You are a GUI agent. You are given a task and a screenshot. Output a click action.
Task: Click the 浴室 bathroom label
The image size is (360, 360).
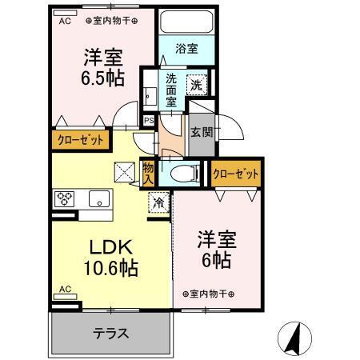point(186,49)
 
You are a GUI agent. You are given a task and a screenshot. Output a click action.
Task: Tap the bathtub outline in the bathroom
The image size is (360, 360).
point(187,22)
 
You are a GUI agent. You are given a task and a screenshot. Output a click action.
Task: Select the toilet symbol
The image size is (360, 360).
point(185,174)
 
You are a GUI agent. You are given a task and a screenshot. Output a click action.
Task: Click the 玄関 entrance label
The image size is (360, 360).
point(202,132)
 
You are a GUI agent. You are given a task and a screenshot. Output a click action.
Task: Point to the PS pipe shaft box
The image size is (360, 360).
point(149,121)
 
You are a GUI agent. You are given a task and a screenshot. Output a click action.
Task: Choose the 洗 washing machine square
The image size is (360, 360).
point(197,85)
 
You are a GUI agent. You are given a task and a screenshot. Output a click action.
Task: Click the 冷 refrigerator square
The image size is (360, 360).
point(159,202)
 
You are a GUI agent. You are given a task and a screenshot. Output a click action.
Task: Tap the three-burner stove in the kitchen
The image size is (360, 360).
point(64,199)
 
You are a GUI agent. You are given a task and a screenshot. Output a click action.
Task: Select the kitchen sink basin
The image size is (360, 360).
point(99,198)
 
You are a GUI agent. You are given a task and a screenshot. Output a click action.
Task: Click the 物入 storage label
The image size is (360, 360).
point(148,174)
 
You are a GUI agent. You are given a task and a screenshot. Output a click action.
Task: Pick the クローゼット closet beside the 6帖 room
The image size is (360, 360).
point(236,174)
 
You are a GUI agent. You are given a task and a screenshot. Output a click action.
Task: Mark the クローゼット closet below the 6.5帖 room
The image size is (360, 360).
point(80,140)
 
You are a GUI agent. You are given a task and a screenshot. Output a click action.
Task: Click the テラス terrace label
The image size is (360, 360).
point(111,334)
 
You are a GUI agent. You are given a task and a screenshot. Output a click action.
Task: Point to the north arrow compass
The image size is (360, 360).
point(294,338)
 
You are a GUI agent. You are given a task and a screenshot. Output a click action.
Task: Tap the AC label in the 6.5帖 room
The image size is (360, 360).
point(65,21)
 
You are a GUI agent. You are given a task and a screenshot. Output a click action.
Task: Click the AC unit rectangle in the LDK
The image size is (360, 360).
point(65,297)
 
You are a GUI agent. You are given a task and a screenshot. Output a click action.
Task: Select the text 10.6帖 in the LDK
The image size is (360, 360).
point(111,268)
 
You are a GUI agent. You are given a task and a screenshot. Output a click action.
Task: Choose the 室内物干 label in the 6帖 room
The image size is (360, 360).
point(209,294)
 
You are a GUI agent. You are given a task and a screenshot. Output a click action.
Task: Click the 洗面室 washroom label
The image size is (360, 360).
point(171,90)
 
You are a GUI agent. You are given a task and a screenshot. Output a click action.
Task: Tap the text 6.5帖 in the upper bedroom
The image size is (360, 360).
point(103,78)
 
